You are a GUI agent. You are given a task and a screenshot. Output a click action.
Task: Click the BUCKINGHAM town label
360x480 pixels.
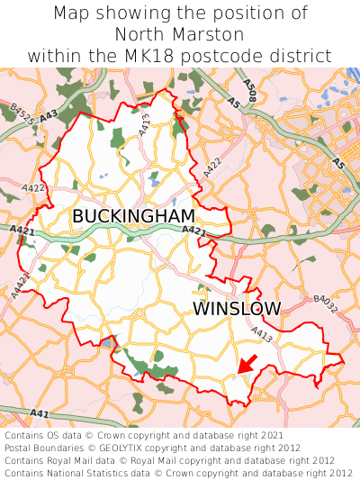click(133, 216)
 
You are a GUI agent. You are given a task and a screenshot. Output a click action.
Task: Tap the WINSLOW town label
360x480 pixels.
click(237, 309)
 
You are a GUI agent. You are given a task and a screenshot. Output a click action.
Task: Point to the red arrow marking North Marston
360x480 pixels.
click(247, 364)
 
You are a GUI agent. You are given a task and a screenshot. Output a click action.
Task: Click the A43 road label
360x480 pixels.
click(49, 114)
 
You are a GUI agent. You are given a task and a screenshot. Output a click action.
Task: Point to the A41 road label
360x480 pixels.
click(39, 413)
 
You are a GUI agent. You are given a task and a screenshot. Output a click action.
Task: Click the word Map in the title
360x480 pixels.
click(73, 14)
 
